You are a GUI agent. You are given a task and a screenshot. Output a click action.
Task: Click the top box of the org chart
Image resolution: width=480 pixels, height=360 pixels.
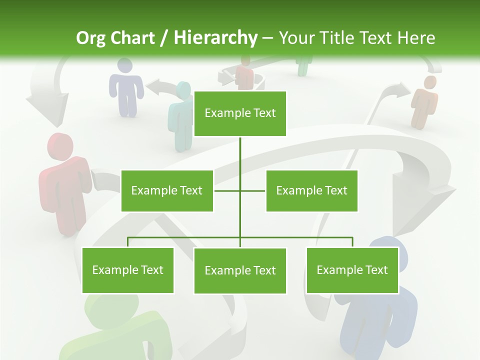pyautogui.click(x=240, y=113)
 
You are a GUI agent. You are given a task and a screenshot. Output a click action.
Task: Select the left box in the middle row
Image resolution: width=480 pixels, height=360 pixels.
pyautogui.click(x=167, y=190)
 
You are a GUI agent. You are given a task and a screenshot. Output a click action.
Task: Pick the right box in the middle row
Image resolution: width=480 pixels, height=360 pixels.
pyautogui.click(x=311, y=190)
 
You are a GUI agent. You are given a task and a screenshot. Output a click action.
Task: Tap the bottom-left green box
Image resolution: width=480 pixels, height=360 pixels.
pyautogui.click(x=127, y=270)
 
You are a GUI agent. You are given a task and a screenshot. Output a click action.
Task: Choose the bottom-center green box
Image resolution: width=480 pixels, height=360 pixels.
pyautogui.click(x=240, y=270)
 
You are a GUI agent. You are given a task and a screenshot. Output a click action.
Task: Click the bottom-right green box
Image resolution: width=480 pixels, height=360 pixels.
pyautogui.click(x=352, y=270)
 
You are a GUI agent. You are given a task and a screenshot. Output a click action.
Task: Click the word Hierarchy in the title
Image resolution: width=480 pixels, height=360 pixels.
pyautogui.click(x=215, y=37)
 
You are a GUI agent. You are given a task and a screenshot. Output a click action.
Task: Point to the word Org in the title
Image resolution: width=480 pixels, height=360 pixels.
pyautogui.click(x=90, y=38)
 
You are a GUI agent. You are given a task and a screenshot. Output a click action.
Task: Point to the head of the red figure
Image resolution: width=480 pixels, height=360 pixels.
pyautogui.click(x=60, y=146)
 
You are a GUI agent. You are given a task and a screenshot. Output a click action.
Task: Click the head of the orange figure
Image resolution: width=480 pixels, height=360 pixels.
pyautogui.click(x=429, y=82)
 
